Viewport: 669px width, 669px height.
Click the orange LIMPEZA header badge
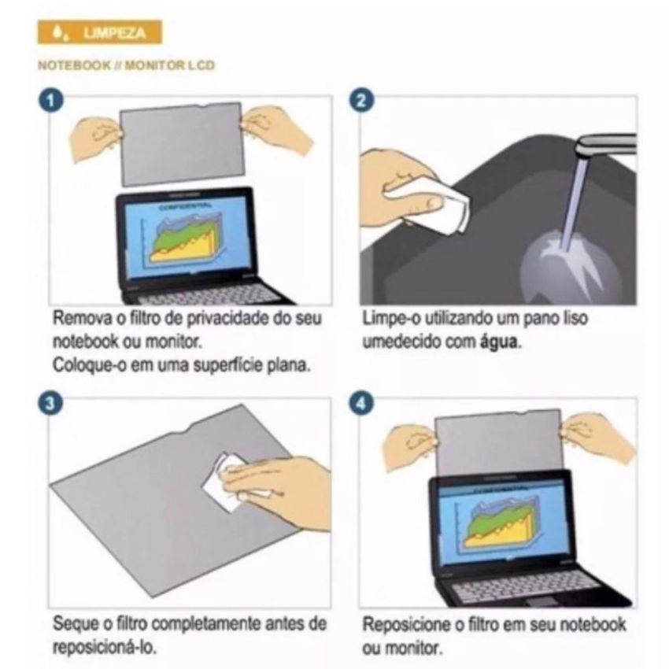pos(99,32)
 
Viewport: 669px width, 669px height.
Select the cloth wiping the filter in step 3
pos(224,480)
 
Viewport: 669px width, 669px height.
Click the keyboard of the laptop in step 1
pos(209,295)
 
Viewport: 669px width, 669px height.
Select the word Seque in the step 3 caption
pos(75,624)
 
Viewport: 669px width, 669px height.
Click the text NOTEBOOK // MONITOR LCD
pos(126,65)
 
